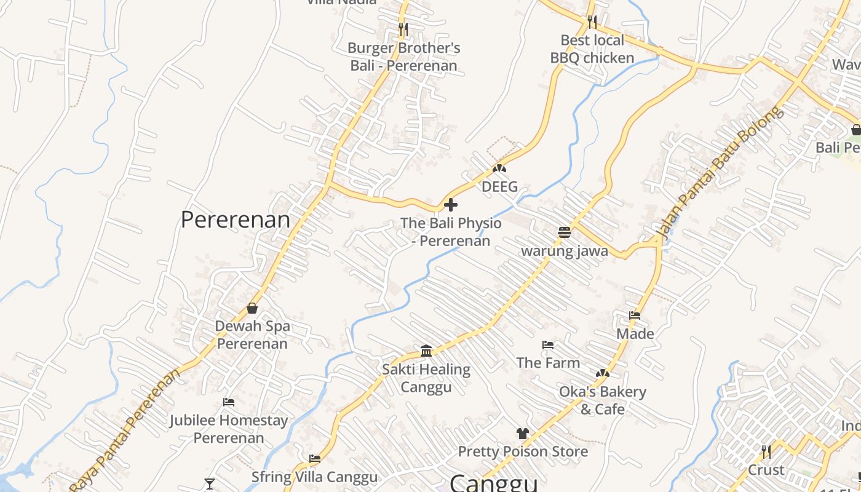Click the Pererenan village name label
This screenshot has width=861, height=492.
[235, 220]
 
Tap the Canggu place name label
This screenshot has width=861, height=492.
[494, 483]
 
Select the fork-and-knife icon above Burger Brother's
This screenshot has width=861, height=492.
[403, 29]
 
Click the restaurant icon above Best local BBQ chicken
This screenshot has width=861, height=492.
[592, 22]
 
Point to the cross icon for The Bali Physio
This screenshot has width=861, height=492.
[451, 205]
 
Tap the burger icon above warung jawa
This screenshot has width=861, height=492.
[565, 232]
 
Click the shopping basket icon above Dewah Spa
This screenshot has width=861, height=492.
[252, 308]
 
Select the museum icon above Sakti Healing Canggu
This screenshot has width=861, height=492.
[426, 351]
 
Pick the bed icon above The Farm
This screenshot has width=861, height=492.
[548, 345]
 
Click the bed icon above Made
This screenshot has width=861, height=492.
[635, 315]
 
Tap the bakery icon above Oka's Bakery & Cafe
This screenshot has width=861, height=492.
[603, 373]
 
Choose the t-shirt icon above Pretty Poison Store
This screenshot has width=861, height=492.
[523, 434]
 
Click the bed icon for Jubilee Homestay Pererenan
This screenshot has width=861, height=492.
[229, 402]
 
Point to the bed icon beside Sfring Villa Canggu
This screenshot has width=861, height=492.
[315, 459]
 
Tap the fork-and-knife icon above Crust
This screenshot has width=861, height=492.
[766, 452]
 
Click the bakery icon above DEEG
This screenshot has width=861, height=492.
[499, 168]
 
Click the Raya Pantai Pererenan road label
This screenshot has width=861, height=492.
[125, 430]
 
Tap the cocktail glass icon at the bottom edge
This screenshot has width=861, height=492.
[210, 484]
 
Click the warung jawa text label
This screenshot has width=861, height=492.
[565, 251]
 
